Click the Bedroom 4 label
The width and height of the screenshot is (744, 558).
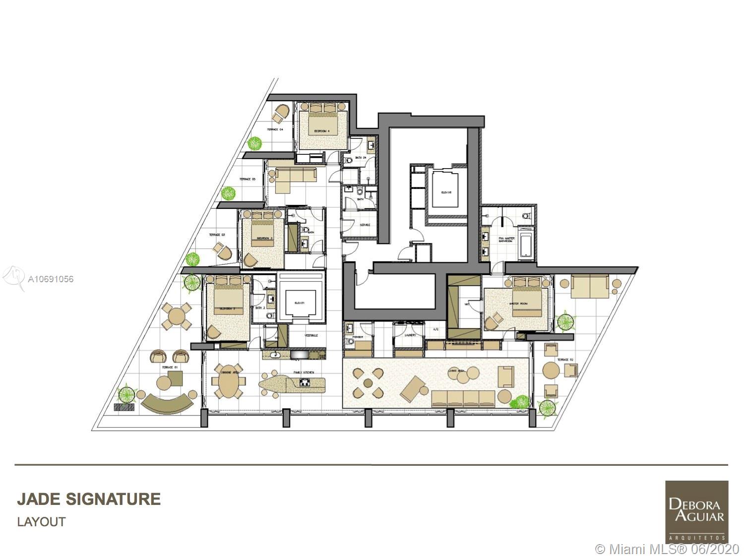click(x=322, y=131)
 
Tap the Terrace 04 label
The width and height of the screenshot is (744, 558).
click(x=275, y=129)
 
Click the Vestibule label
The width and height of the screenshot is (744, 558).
click(x=311, y=336)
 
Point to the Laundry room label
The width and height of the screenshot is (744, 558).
click(x=409, y=335)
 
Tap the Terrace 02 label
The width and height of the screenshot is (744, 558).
click(x=565, y=360)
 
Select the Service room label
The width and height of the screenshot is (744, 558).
click(x=365, y=225)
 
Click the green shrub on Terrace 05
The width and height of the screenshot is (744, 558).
click(x=228, y=193)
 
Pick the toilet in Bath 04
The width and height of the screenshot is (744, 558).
click(x=348, y=160)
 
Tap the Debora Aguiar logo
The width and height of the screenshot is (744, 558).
click(x=696, y=511)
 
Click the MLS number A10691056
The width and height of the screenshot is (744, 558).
click(x=51, y=279)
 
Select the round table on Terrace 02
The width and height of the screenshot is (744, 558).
click(x=551, y=370)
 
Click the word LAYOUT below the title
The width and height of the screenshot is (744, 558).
click(x=41, y=522)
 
